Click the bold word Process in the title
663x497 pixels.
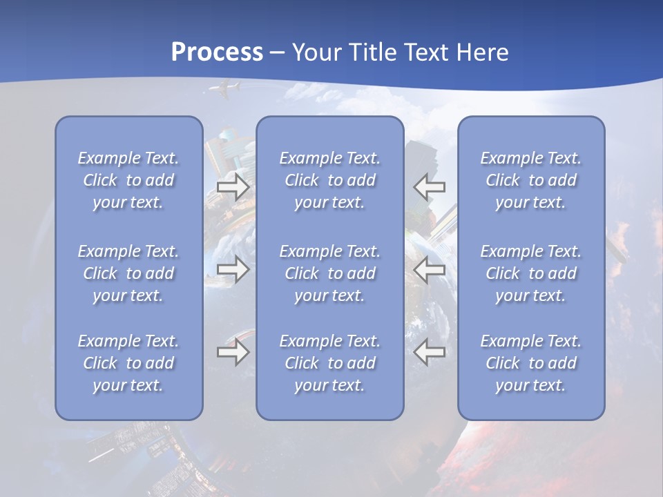(217, 52)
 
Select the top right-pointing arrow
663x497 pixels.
(233, 187)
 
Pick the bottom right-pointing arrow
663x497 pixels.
(233, 353)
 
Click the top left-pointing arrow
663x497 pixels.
(430, 187)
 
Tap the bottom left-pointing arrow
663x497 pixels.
(430, 353)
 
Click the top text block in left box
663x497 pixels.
(128, 180)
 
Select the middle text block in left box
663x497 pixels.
(128, 273)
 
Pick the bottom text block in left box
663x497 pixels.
(128, 363)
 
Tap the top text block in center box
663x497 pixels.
(330, 180)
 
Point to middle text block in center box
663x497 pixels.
(330, 273)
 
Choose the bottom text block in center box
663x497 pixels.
(330, 363)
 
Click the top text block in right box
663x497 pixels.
(531, 180)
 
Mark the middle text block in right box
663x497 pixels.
(531, 273)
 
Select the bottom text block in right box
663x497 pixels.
(531, 363)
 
